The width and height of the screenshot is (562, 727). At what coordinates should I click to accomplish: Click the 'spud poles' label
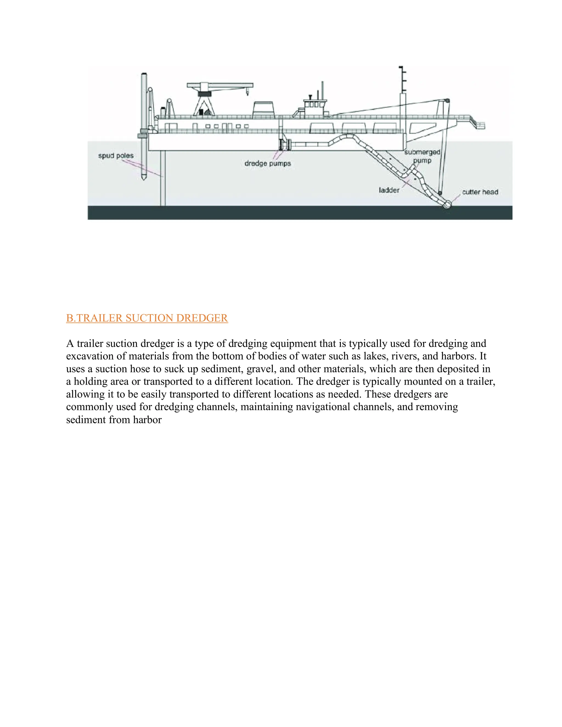[x=116, y=156]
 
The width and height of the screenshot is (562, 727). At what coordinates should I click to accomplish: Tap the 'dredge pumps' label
[x=267, y=164]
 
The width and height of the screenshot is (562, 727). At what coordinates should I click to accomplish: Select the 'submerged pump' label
[x=422, y=156]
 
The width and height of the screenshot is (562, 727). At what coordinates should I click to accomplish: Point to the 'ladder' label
[x=389, y=190]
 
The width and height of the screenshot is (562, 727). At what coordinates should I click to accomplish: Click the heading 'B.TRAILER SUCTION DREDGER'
[x=147, y=318]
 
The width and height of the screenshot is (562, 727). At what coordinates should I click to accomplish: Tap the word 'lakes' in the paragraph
[x=374, y=356]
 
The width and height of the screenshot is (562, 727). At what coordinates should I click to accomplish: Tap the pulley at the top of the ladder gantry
[x=447, y=100]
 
